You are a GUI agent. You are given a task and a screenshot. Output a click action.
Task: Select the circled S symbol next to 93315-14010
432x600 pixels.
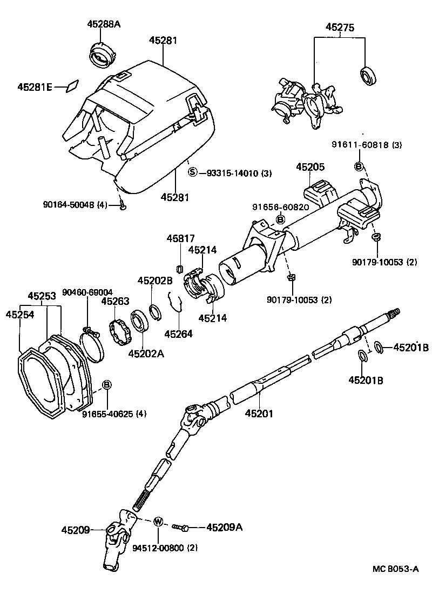click(x=193, y=172)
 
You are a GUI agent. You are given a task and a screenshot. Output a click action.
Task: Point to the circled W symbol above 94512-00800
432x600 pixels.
click(x=158, y=522)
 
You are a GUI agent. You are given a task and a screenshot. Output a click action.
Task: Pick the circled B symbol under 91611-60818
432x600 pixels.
click(x=359, y=166)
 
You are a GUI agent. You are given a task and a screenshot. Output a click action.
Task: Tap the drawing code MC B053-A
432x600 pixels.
click(x=395, y=569)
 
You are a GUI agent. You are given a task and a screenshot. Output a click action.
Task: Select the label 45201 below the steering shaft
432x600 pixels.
click(x=260, y=414)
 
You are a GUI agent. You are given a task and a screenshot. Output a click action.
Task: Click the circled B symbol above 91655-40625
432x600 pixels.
click(x=107, y=384)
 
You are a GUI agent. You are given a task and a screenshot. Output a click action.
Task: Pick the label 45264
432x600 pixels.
click(x=178, y=334)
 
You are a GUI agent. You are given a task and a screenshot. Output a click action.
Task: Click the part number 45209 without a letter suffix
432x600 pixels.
click(x=75, y=530)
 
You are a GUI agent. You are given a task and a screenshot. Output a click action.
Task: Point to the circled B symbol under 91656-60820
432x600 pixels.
click(x=280, y=219)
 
